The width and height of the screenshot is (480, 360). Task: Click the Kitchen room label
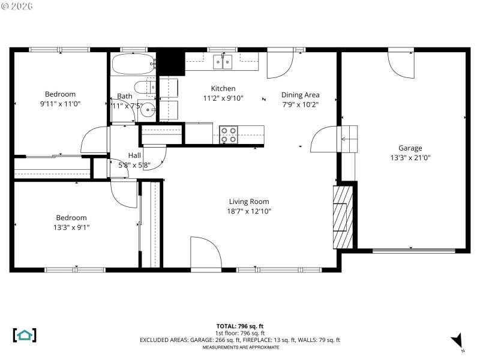pos(223,89)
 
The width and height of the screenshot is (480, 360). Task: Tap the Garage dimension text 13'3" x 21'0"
pos(410,158)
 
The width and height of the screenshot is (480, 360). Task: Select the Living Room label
pos(248,202)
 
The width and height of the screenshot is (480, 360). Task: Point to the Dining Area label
pos(300,95)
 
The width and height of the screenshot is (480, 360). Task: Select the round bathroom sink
pos(146,110)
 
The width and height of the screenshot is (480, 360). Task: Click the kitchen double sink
pos(223,61)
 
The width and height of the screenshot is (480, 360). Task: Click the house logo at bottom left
pos(25,335)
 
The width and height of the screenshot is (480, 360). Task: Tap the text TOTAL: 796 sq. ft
pos(239,326)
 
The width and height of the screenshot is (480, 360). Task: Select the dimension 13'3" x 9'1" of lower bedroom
pos(71,227)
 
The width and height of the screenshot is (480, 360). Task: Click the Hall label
pos(134,155)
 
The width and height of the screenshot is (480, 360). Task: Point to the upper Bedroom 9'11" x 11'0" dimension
pos(60,104)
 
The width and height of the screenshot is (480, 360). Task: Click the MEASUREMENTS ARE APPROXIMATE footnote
pos(240,347)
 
